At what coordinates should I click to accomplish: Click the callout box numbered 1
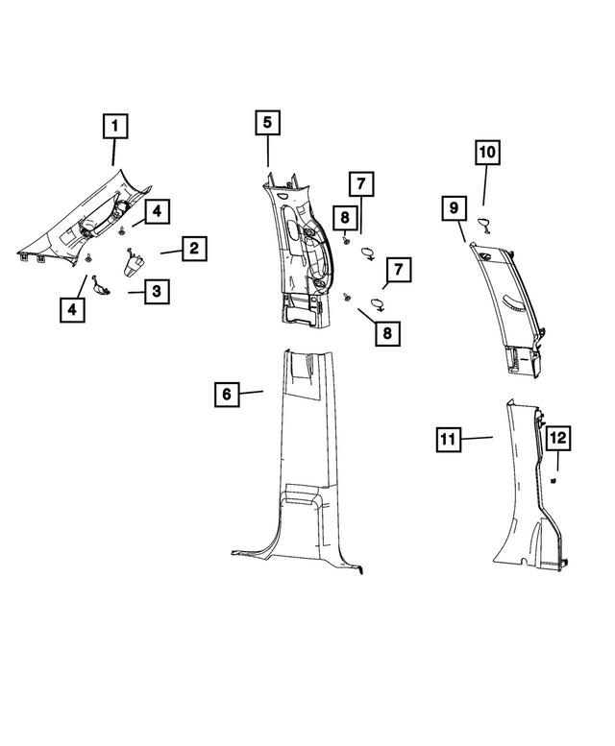point(115,126)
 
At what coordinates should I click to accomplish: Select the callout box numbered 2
point(194,249)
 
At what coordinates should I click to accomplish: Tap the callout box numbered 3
point(157,291)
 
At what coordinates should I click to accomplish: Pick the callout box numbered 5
point(267,122)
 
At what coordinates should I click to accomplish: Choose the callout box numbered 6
point(227,394)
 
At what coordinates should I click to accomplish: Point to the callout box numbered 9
point(454,208)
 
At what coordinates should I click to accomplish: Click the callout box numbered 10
point(487,153)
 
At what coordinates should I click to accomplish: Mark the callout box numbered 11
point(449,439)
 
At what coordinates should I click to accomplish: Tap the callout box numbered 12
point(558,438)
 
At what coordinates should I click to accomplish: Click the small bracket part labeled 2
point(135,264)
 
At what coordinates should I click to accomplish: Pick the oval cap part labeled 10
point(485,225)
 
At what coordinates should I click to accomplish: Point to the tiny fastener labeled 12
point(553,481)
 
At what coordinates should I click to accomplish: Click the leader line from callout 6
point(251,393)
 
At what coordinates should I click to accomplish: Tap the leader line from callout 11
point(477,438)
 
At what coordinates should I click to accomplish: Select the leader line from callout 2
point(171,253)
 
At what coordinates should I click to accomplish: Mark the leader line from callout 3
point(136,292)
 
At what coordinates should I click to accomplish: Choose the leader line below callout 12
point(558,460)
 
